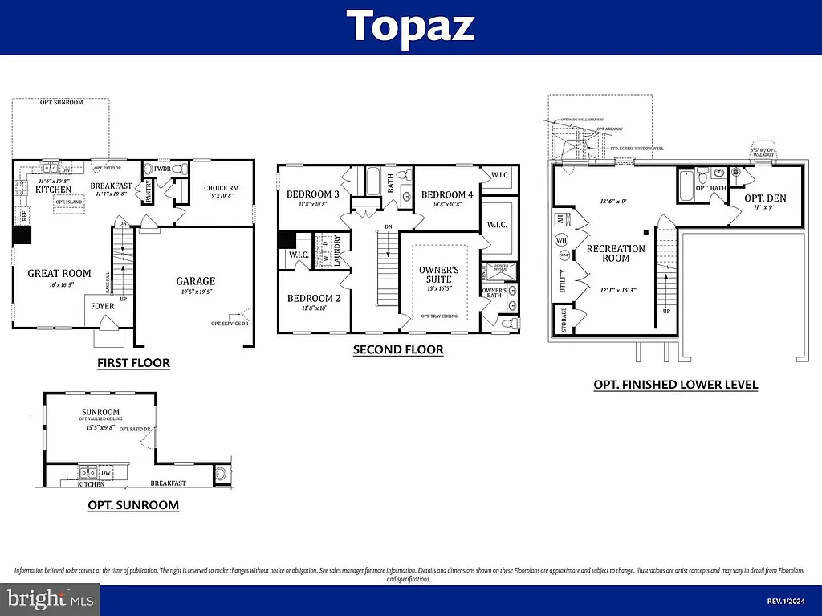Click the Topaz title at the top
tap(411, 27)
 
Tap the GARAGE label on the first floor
tap(196, 281)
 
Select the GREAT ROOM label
tap(59, 273)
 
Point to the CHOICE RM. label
tap(222, 188)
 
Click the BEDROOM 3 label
tap(313, 194)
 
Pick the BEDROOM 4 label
tap(447, 194)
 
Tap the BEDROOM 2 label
tap(314, 298)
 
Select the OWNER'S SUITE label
tap(439, 274)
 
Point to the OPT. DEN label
tap(765, 198)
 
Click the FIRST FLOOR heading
tap(133, 363)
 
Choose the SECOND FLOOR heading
tap(398, 350)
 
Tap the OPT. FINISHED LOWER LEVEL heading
tap(676, 385)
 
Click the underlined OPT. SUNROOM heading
tap(133, 505)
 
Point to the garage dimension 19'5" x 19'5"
tap(196, 292)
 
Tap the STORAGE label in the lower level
tap(564, 319)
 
